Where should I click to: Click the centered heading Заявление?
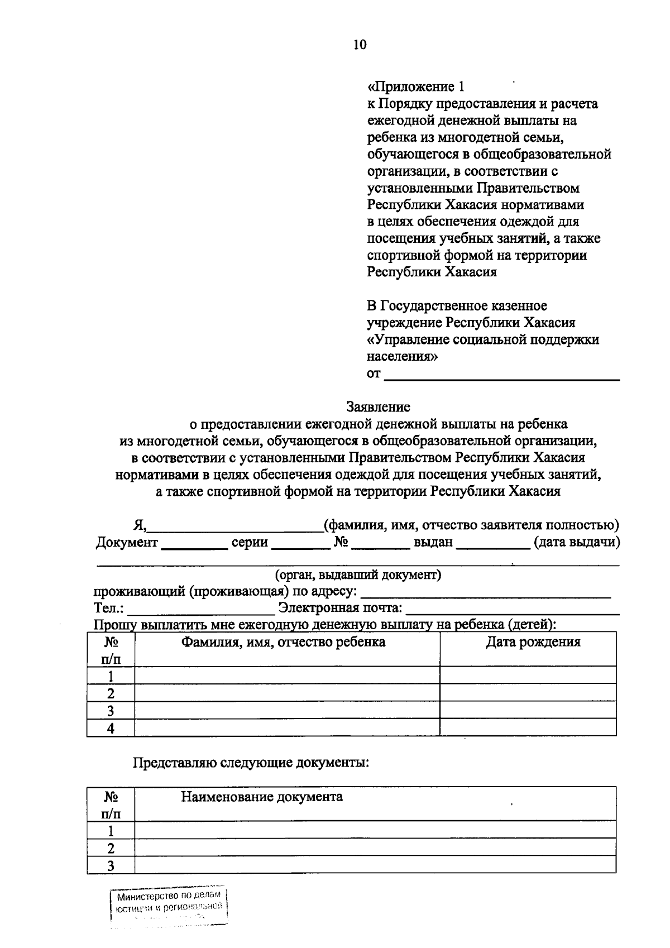378,407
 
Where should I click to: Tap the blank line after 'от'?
502,375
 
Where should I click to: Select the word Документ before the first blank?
127,543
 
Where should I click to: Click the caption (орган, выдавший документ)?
358,574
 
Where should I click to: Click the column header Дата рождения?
533,642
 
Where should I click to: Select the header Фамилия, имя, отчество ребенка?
283,642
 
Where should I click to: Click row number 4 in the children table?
111,728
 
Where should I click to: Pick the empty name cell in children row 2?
286,693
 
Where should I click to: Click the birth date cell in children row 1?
528,676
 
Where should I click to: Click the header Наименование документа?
261,797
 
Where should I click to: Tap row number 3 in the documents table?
111,866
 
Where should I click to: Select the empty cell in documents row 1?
375,830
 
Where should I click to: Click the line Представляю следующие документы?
251,763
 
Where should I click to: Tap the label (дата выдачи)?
576,543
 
